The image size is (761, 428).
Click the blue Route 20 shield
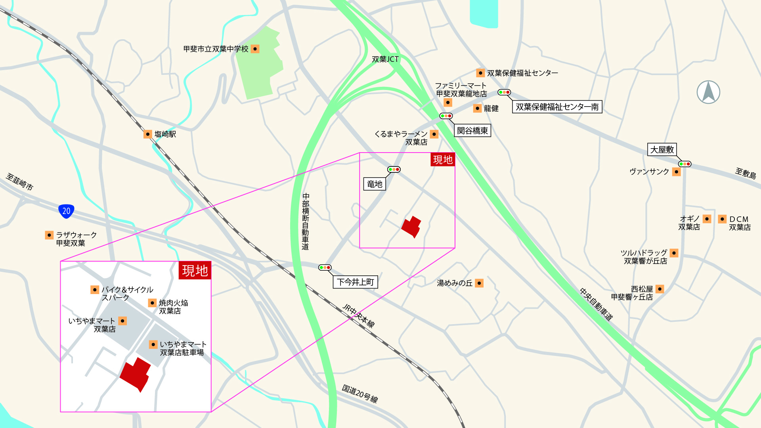tap(66, 211)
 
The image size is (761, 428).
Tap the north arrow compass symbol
tap(708, 92)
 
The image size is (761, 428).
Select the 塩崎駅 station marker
tap(147, 134)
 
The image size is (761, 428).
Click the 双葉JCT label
tap(385, 59)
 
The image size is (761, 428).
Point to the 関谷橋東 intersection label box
tap(472, 131)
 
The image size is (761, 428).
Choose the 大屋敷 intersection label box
tap(662, 149)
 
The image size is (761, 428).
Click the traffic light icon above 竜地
tap(394, 170)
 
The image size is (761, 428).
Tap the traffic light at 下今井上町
tap(325, 267)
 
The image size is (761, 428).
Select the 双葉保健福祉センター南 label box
tap(557, 107)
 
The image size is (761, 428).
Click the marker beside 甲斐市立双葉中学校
tap(255, 49)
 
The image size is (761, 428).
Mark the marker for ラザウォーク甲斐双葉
tap(49, 235)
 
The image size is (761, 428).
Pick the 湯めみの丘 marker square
tap(479, 283)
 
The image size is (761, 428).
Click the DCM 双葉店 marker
tap(722, 219)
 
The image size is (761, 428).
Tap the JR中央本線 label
tap(358, 315)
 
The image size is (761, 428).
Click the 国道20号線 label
tap(360, 394)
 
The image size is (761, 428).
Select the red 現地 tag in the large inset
tap(195, 271)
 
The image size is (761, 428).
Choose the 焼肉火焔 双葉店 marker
tap(152, 303)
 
